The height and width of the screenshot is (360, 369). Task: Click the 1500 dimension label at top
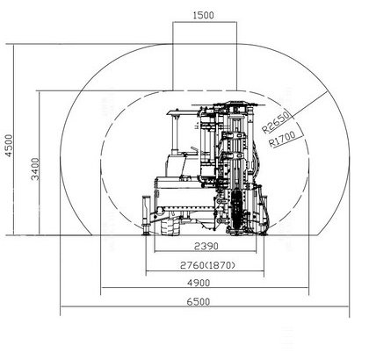(x=204, y=15)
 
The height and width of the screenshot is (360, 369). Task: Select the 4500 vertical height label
(x=9, y=146)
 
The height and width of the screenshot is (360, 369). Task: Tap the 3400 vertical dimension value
(x=35, y=169)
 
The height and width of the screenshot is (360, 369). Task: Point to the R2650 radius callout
(x=277, y=122)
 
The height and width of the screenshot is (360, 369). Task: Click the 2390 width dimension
(x=206, y=246)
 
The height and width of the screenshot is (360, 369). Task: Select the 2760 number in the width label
(x=192, y=265)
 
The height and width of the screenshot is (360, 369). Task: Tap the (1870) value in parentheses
(x=220, y=265)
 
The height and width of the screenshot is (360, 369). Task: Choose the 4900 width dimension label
(x=199, y=283)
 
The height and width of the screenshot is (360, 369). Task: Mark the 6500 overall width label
(x=199, y=301)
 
